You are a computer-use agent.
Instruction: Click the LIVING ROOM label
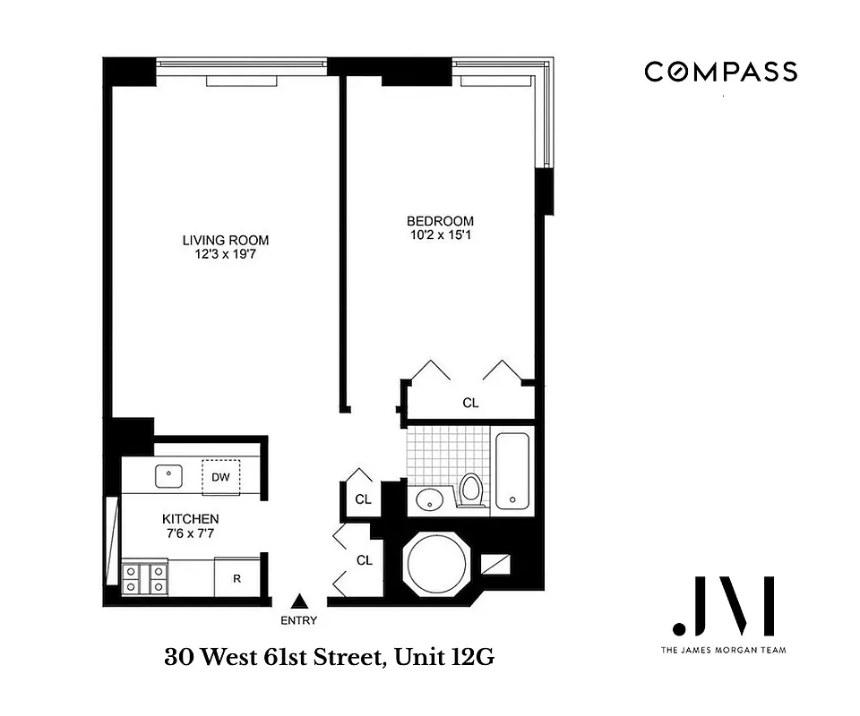(225, 240)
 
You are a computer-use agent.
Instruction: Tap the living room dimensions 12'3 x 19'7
(225, 254)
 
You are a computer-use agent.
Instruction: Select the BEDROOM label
(440, 221)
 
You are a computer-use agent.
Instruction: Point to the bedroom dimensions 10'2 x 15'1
(440, 235)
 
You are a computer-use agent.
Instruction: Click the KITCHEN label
(190, 519)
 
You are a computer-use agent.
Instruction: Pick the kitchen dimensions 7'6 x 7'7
(190, 534)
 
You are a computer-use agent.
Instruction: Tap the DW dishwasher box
(220, 477)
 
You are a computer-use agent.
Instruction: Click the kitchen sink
(168, 475)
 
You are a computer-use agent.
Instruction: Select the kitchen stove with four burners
(143, 577)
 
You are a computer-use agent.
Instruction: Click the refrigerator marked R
(236, 578)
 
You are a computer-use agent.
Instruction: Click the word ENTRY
(299, 620)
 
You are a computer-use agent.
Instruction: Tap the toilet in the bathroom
(471, 490)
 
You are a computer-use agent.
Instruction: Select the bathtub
(513, 472)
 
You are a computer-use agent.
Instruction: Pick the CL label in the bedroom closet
(470, 404)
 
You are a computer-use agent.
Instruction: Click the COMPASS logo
(720, 72)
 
